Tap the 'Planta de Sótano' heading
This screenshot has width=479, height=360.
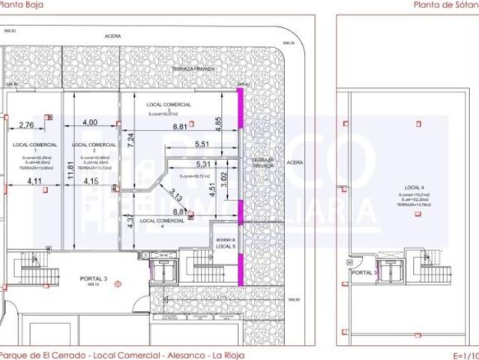(445, 4)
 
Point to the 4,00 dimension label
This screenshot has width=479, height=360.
(90, 122)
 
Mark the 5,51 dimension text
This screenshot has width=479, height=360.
(202, 144)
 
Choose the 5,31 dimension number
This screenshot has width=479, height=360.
(202, 165)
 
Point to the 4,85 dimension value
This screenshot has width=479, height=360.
(217, 121)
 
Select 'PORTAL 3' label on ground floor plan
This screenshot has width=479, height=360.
(94, 279)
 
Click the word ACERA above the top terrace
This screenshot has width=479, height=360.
(114, 34)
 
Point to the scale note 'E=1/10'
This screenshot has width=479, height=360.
(465, 355)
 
